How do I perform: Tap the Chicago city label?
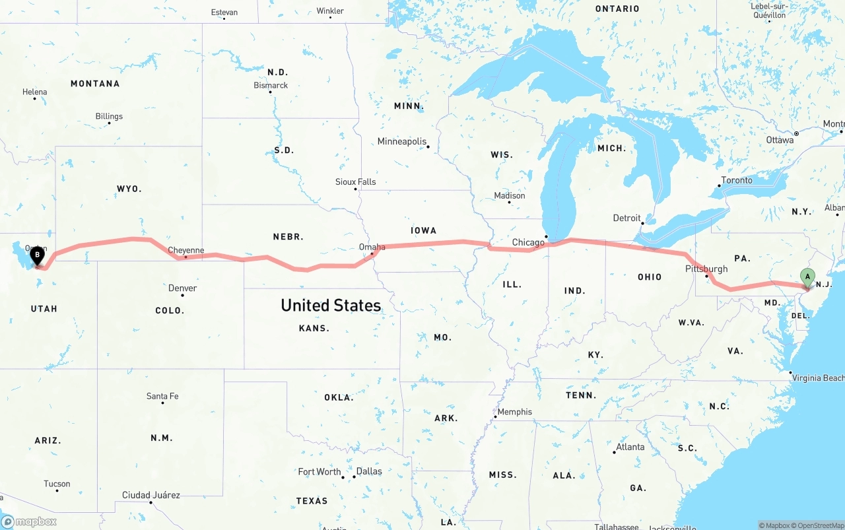tap(528, 243)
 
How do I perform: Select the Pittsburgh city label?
tap(706, 269)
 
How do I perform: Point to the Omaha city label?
tap(372, 247)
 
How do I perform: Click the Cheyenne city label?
tap(186, 250)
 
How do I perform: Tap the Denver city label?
tap(182, 288)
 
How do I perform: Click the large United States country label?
tap(331, 305)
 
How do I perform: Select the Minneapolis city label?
tap(402, 141)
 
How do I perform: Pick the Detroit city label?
tap(626, 218)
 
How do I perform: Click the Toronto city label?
tap(736, 180)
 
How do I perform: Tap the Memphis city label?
tap(514, 412)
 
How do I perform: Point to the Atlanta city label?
tap(630, 447)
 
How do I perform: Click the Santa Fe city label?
tap(162, 396)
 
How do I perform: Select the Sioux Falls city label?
tap(355, 182)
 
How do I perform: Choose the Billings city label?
tap(109, 116)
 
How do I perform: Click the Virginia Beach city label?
tap(818, 378)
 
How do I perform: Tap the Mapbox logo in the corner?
tap(29, 521)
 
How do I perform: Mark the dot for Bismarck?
tap(271, 92)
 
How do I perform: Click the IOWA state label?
tap(423, 230)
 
